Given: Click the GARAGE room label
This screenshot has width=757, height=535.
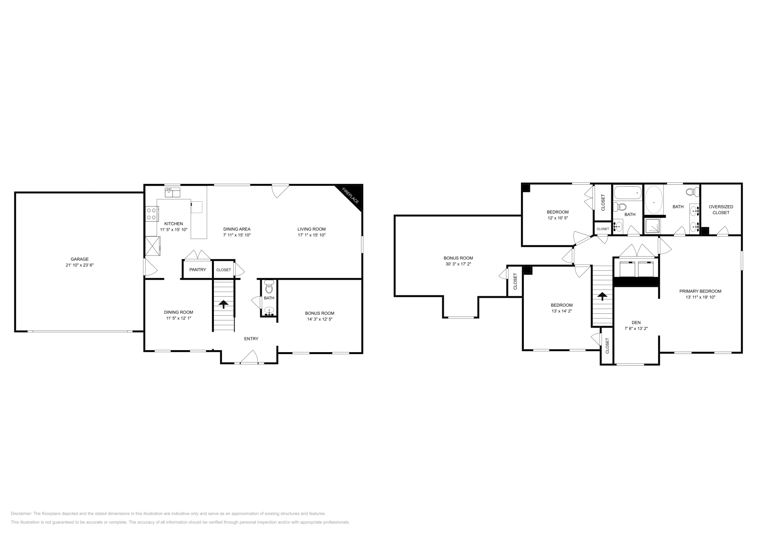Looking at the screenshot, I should coord(79,259).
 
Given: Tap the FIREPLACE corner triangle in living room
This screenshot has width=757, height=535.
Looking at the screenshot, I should coord(353,194).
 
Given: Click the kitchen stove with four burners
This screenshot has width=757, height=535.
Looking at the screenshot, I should coord(151,214).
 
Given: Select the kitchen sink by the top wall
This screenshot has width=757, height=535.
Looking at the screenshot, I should coord(172,192).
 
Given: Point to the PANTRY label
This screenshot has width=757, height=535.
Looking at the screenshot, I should coord(197,270).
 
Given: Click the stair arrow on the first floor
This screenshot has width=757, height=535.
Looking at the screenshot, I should coord(223,304).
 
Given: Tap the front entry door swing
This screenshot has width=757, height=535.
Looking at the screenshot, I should coord(249,357).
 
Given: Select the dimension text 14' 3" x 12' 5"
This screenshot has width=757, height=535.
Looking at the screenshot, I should coord(319,319).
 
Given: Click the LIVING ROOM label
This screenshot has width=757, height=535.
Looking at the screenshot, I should coord(311,229).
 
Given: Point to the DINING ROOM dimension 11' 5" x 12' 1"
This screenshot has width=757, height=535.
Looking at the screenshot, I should coord(178,318).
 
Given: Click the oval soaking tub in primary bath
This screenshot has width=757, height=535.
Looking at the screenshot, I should coord(654,202).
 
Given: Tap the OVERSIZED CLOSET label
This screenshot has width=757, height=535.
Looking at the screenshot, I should coord(721,209).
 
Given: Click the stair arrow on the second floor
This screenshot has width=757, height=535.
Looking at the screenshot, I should coord(602,297).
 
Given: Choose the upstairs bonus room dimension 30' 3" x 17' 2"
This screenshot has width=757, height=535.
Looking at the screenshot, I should coord(458,264).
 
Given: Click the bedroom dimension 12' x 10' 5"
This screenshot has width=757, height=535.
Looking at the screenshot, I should coord(557,218).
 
